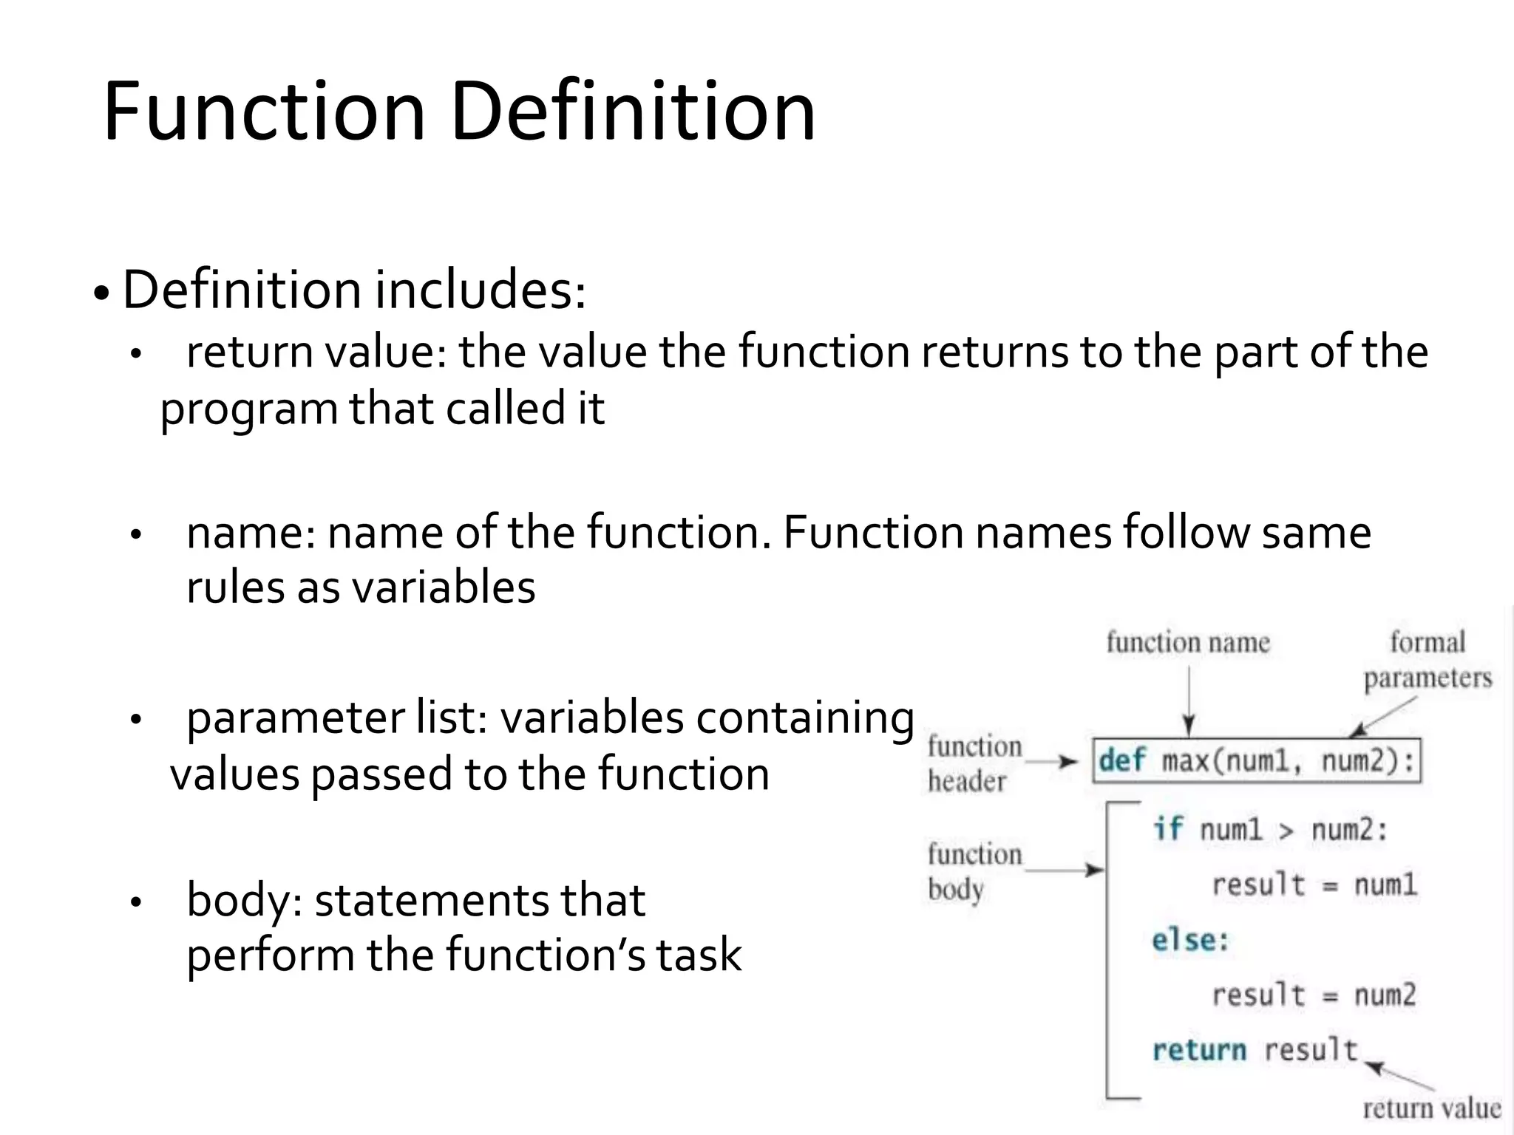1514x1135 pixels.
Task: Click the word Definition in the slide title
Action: [x=633, y=112]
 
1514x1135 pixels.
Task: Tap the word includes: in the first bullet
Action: [x=481, y=290]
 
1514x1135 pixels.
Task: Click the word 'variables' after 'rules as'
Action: [x=443, y=588]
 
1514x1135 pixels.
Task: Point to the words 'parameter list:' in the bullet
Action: [x=336, y=718]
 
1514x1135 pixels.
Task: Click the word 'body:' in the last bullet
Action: [x=245, y=901]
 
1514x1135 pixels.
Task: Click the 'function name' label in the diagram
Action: [x=1188, y=642]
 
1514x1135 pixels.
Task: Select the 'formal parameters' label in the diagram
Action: [x=1428, y=660]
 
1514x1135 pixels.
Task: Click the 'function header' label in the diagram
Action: [x=974, y=763]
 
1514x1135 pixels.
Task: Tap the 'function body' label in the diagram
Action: [x=974, y=871]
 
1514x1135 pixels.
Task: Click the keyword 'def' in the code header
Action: [x=1121, y=760]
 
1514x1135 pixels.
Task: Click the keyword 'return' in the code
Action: [x=1199, y=1050]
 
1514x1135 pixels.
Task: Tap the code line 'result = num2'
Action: [x=1314, y=995]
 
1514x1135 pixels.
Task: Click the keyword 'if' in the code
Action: [x=1168, y=830]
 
